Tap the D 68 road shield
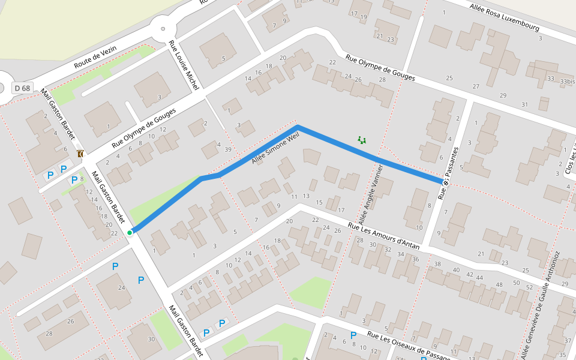[22, 88]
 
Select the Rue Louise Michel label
[184, 65]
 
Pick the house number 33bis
[567, 81]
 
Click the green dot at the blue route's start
[130, 232]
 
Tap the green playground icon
[362, 140]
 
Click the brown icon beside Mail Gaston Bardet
[80, 154]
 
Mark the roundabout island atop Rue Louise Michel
[163, 28]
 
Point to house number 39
[228, 149]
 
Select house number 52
[529, 287]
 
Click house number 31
[524, 104]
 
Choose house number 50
[515, 283]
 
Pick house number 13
[306, 196]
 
